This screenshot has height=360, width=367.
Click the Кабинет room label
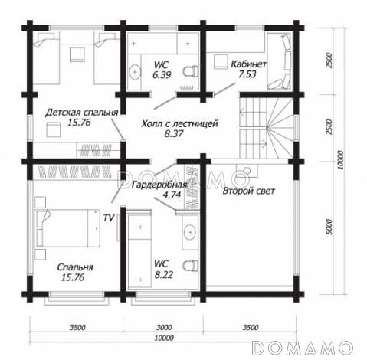tap(248, 64)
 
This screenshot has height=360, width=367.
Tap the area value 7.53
tap(247, 74)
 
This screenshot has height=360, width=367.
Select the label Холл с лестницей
tap(179, 123)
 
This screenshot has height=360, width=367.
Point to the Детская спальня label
tap(82, 113)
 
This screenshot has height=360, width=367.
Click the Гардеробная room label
tap(159, 185)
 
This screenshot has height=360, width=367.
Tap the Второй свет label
tap(248, 191)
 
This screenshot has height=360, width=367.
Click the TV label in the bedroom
tap(109, 218)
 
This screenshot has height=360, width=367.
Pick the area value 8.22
tap(164, 275)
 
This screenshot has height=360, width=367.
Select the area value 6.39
tap(162, 75)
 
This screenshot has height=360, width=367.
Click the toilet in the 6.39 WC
tap(191, 70)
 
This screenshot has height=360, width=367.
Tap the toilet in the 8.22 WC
tap(191, 266)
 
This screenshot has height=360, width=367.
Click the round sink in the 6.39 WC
tap(135, 72)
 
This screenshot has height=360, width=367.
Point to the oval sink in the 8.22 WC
tap(191, 232)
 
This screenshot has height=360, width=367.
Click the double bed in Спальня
tap(67, 228)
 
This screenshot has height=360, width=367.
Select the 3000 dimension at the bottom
tap(164, 327)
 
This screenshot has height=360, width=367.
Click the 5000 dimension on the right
tap(329, 227)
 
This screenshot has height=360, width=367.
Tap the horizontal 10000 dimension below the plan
tap(164, 338)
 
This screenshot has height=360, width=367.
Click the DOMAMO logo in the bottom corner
tap(303, 348)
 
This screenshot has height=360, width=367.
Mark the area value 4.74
tap(172, 195)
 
